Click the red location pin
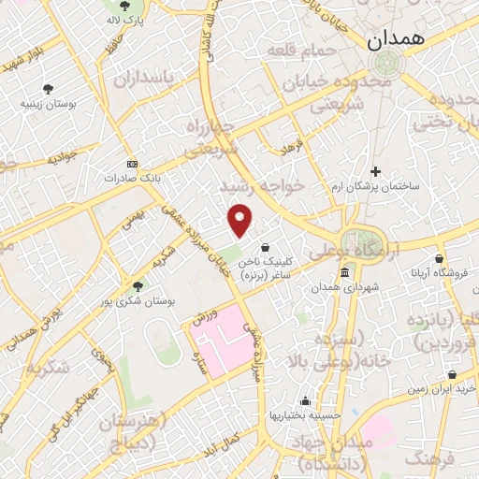pos(241,220)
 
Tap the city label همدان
pos(391,39)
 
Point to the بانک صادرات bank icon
pos(131,163)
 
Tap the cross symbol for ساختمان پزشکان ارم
pos(375,171)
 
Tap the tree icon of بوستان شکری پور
pos(138,286)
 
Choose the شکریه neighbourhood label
pos(47,367)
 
